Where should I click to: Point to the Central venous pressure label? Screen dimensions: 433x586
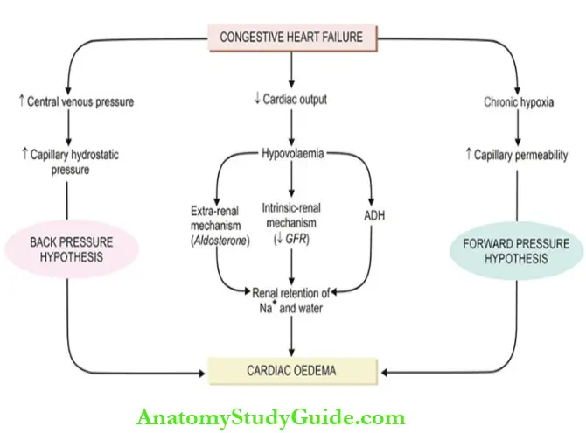click(79, 101)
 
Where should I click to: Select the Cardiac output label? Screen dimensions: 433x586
click(295, 100)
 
